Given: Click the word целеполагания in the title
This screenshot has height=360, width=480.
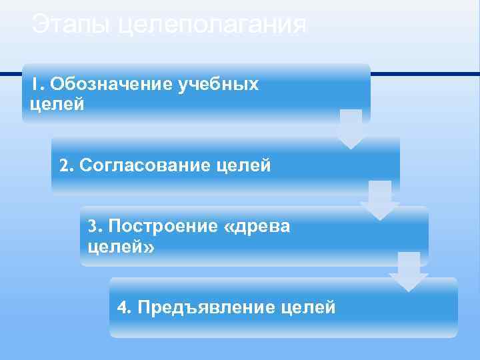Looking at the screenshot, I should [212, 27].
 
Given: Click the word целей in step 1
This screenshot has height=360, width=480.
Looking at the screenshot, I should [57, 105].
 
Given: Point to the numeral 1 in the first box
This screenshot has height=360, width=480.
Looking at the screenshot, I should [37, 85].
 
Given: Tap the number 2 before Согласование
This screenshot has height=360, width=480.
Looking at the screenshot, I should [64, 165].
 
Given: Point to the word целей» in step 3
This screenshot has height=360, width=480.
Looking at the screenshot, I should [121, 247].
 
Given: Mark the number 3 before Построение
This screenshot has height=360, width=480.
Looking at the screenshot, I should [93, 226].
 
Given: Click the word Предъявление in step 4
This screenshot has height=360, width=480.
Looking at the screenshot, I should [203, 307].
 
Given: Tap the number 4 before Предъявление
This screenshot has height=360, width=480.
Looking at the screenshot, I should [122, 307].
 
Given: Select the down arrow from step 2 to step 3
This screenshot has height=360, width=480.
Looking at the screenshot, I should [380, 200].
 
